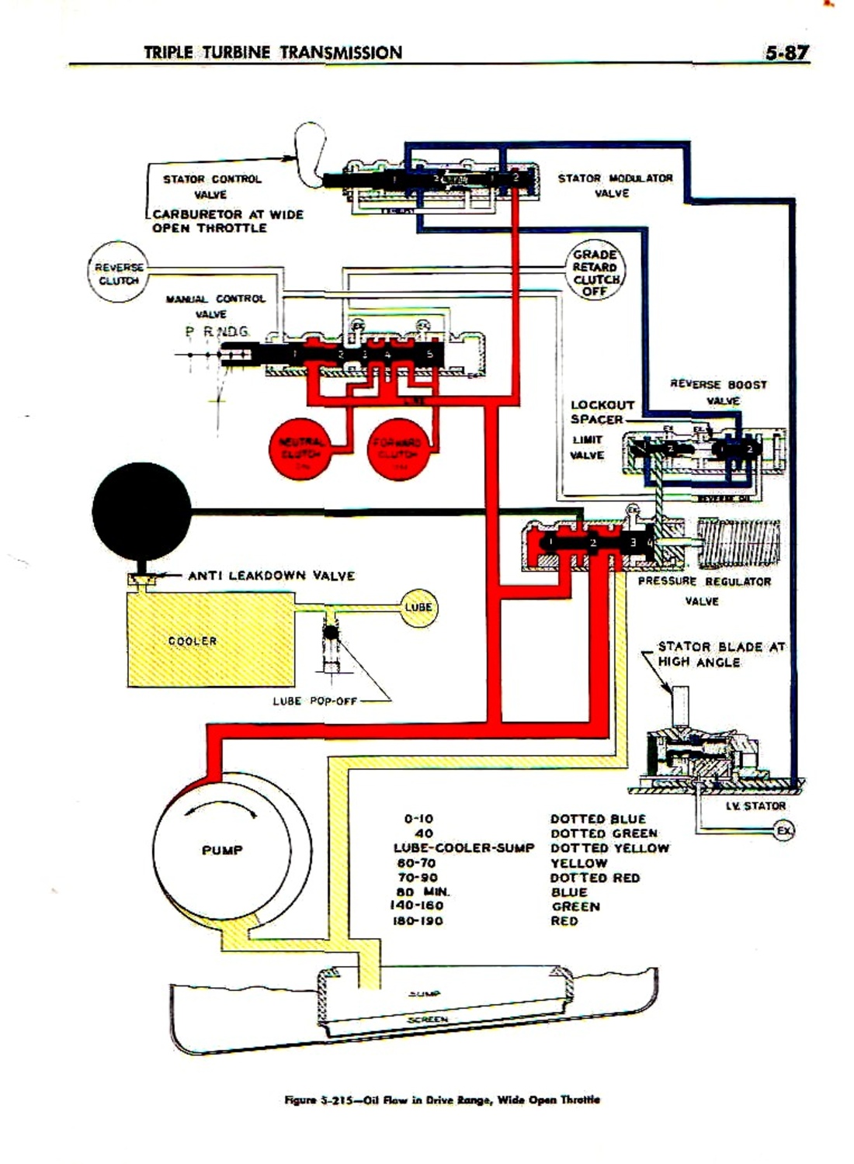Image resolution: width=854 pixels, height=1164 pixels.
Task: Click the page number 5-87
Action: pos(786,53)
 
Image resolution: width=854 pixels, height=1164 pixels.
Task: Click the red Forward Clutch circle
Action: pos(398,449)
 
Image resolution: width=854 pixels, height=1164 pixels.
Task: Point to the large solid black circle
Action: pos(141,511)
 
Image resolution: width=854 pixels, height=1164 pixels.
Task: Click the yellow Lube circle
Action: pos(418,607)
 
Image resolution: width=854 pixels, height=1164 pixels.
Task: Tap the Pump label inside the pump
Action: pos(222,850)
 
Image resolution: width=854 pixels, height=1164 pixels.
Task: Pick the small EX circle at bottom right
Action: pos(784,831)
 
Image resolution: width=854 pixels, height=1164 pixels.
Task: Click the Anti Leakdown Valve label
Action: pos(271,576)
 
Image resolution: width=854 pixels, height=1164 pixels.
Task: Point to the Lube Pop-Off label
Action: pos(314,701)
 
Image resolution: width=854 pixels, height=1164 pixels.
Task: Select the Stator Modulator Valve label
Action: pos(615,185)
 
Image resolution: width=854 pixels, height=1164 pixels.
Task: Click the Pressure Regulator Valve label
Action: pos(703,591)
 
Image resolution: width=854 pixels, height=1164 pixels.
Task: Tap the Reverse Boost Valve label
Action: pos(719,392)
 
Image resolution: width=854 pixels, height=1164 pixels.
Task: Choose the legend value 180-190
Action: pos(419,921)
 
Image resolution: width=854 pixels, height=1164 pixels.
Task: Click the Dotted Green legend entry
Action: pos(603,833)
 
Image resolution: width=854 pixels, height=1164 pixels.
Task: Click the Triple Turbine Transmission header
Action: pos(273,53)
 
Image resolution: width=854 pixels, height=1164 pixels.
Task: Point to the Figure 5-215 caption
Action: pos(442,1100)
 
